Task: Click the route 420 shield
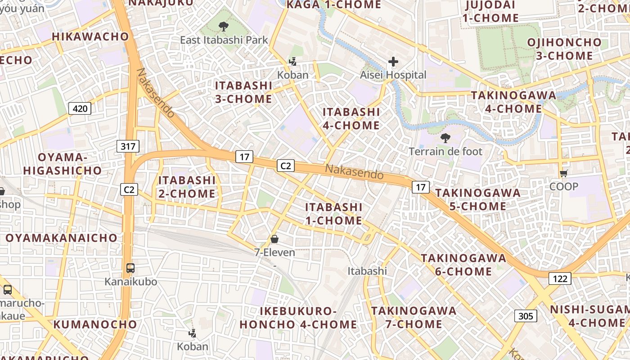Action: point(80,108)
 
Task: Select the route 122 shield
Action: point(560,279)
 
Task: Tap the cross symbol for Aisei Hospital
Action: point(393,62)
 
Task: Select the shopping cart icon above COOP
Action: point(563,173)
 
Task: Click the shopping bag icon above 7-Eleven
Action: point(274,239)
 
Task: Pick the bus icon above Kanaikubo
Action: point(130,268)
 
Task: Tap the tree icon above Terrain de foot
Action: point(445,138)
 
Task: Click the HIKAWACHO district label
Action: point(90,36)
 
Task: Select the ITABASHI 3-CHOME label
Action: point(243,92)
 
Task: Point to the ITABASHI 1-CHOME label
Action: point(333,213)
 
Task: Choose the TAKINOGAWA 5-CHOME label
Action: point(477,199)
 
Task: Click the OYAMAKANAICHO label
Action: point(61,238)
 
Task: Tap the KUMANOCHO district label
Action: point(95,324)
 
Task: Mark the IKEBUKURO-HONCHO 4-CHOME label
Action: point(298,318)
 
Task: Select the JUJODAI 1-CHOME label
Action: point(490,11)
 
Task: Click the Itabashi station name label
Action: point(367,271)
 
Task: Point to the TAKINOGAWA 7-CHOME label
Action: point(414,317)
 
